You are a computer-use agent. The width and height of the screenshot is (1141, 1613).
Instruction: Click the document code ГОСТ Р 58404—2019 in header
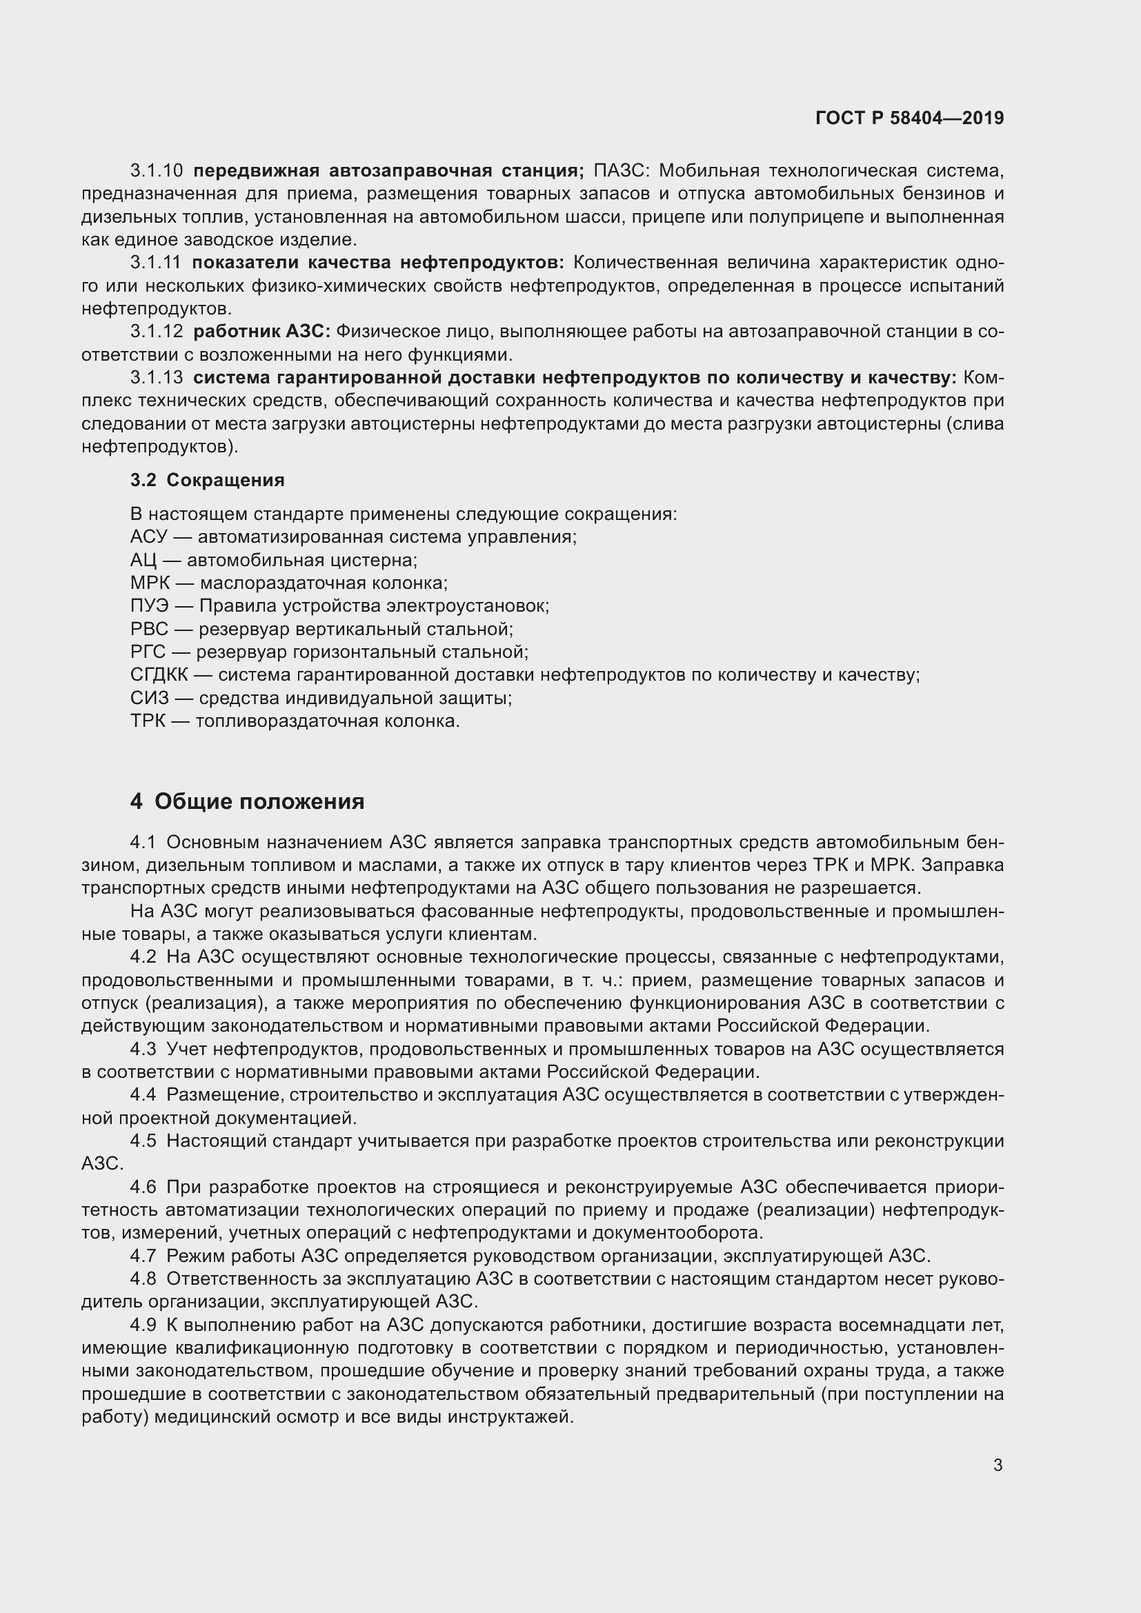[x=909, y=118]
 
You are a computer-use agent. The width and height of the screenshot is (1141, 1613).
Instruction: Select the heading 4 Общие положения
[x=248, y=801]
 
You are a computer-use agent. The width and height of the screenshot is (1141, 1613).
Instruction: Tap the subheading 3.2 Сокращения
[x=207, y=481]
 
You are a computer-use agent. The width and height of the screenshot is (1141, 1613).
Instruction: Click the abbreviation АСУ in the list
[x=148, y=537]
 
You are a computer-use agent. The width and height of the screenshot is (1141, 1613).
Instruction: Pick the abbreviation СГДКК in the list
[x=159, y=675]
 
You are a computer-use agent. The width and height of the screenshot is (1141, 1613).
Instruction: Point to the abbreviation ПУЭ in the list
[x=149, y=606]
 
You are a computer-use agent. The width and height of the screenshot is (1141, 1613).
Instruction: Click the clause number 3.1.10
[x=157, y=171]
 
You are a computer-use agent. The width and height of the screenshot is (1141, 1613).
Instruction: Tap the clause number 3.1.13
[x=157, y=378]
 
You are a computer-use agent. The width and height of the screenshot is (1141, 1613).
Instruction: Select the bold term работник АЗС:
[x=261, y=332]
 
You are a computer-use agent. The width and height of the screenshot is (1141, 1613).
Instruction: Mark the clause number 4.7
[x=143, y=1256]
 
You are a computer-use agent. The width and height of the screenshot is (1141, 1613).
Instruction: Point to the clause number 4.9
[x=143, y=1325]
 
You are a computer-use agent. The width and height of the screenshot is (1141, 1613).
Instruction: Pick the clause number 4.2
[x=143, y=957]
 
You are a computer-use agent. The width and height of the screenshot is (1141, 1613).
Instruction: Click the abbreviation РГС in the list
[x=148, y=652]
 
